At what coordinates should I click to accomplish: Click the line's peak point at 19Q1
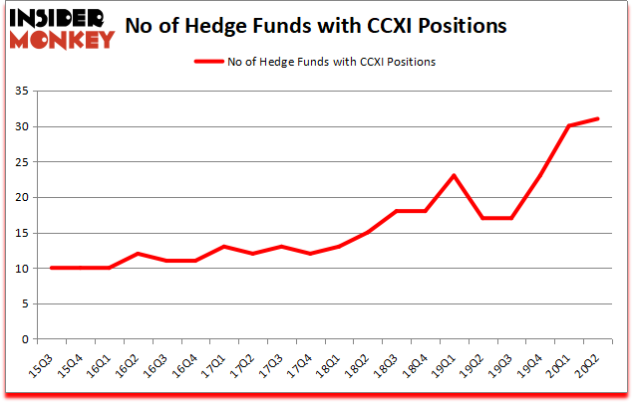pos(454,176)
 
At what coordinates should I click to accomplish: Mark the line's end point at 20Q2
pos(598,119)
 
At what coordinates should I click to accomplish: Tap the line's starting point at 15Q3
pos(50,268)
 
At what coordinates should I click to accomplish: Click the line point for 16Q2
pos(137,254)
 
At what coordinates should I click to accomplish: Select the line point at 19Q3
pos(511,219)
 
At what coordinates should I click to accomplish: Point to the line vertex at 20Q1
pos(569,126)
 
